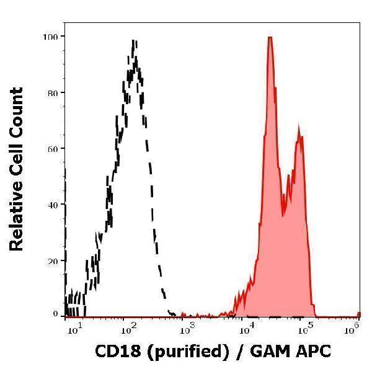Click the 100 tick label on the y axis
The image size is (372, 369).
pos(50,37)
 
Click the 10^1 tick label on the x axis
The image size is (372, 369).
pos(72,327)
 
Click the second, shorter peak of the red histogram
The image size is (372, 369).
pos(299,128)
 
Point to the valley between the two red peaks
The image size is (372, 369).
pos(284,214)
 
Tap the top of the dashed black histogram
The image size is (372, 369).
pos(134,41)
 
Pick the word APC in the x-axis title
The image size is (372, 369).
pos(315,352)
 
